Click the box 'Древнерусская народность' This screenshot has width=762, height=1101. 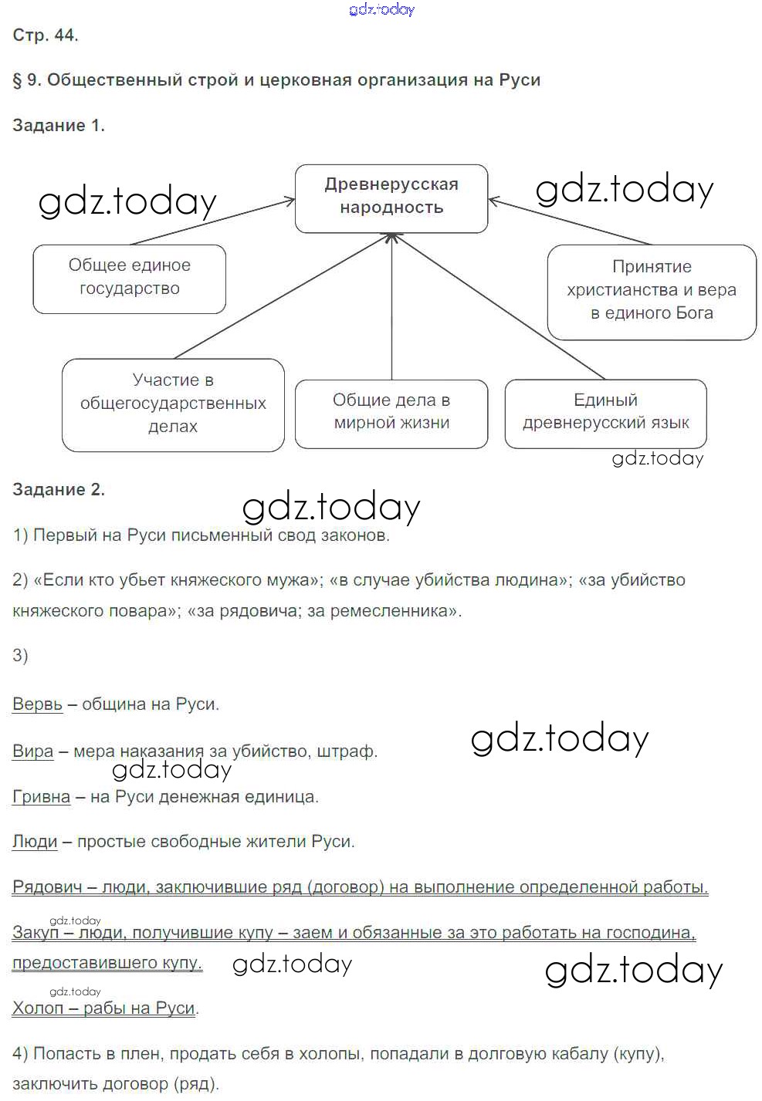click(391, 198)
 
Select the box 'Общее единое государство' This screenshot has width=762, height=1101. click(129, 278)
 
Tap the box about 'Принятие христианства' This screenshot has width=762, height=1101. click(652, 291)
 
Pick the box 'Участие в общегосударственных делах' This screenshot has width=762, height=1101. click(173, 404)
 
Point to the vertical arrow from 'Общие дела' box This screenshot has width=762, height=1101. click(391, 309)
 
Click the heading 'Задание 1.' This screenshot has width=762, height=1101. click(59, 126)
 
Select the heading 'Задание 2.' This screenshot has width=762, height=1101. click(59, 489)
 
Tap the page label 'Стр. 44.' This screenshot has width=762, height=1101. click(46, 35)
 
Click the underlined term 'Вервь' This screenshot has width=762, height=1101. click(37, 704)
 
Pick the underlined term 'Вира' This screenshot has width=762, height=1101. click(33, 751)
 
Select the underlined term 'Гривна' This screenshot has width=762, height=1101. click(41, 796)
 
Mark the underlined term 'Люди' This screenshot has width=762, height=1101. click(35, 841)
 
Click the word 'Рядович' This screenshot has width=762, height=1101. click(47, 887)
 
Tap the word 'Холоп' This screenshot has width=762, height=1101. click(38, 1008)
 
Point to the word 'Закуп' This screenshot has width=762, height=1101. click(36, 933)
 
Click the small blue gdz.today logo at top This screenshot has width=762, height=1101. click(381, 9)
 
